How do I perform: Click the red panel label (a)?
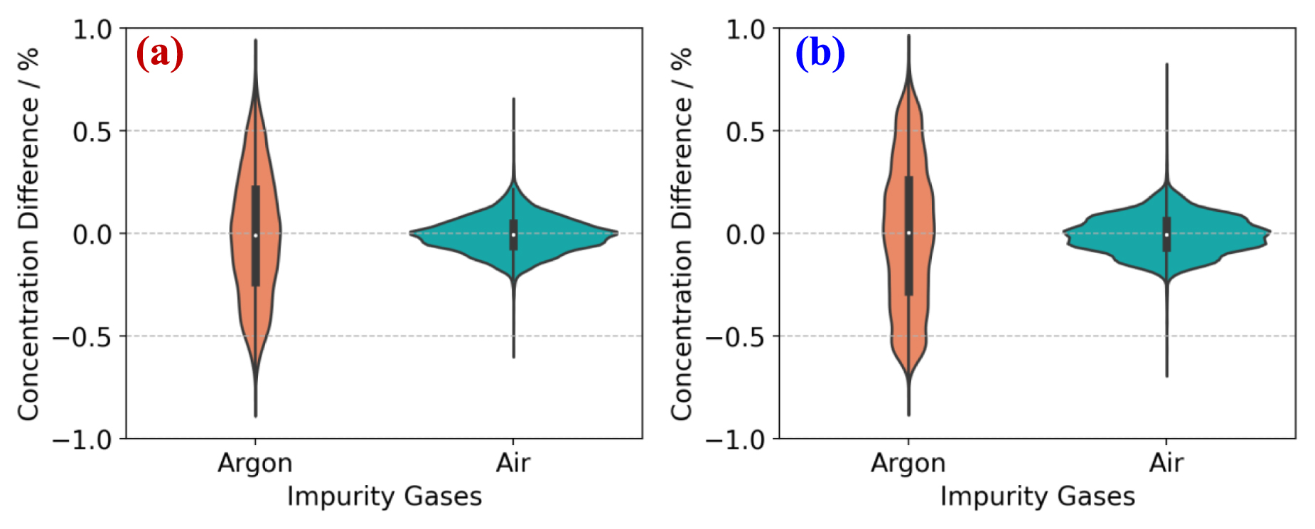coord(160,53)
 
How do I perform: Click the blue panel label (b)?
coord(820,53)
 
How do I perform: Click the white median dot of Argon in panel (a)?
coord(255,235)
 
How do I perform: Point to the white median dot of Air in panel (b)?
coord(1166,235)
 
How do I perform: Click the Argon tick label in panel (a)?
coord(255,463)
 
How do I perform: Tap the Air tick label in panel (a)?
coord(513,463)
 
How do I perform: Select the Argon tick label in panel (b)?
coord(908,463)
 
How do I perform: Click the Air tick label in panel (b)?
coord(1166,463)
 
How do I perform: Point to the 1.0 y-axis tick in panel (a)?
coord(93,30)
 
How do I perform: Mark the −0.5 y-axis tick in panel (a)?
coord(82,337)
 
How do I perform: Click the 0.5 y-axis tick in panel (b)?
coord(746,132)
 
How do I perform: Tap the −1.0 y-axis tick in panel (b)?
coord(736,440)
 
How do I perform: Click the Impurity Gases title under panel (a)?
coord(385,496)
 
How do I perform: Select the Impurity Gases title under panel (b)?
coord(1038,496)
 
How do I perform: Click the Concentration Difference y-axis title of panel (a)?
coord(28,235)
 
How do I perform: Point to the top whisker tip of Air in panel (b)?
coord(1166,65)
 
